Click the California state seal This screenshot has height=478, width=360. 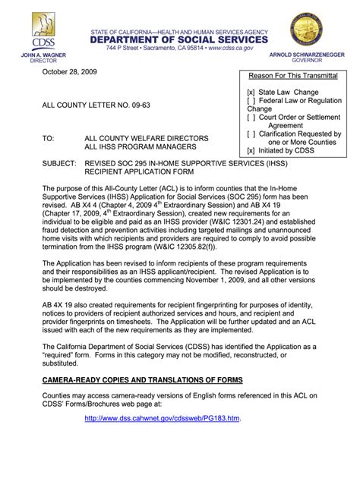[312, 33]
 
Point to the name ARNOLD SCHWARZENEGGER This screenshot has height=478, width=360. [312, 57]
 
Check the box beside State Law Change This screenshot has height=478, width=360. [251, 91]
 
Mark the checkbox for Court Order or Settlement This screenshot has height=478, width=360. [251, 118]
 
